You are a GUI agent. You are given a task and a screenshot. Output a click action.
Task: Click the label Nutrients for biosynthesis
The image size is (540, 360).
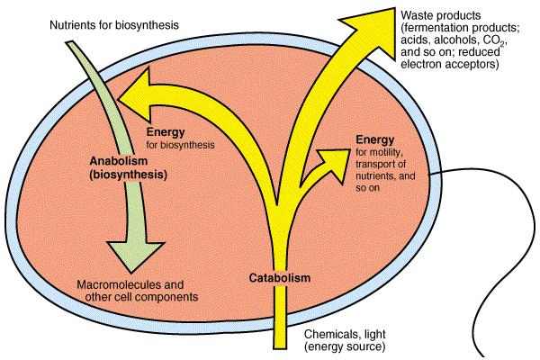point(114,25)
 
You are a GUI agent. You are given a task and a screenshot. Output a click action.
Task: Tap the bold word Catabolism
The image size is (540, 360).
point(280,278)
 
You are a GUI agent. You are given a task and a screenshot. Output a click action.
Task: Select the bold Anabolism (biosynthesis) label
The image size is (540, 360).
point(128,167)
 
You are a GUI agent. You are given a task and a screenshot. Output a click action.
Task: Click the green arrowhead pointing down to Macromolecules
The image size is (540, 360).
point(135,256)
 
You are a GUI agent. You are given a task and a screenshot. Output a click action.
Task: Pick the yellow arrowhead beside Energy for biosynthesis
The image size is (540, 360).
point(137,95)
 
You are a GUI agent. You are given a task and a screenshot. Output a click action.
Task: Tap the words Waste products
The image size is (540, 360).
point(440,15)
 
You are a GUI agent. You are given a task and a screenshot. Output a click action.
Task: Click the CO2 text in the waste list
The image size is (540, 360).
point(494,41)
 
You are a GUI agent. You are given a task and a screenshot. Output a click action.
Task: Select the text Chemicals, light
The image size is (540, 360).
point(345,334)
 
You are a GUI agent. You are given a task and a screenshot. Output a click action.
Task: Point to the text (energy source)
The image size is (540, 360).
point(345,346)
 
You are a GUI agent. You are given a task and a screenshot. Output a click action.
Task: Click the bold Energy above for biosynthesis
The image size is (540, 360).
point(166,132)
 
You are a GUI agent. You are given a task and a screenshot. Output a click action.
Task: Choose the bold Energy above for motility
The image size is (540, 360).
point(375,139)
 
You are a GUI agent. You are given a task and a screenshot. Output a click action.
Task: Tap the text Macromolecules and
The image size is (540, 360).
point(130,284)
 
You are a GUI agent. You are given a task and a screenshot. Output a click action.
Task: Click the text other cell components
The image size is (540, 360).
point(141,297)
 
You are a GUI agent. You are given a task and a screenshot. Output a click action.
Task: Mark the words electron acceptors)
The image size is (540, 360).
point(450,64)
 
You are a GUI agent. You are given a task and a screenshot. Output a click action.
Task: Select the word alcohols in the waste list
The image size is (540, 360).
point(457,40)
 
